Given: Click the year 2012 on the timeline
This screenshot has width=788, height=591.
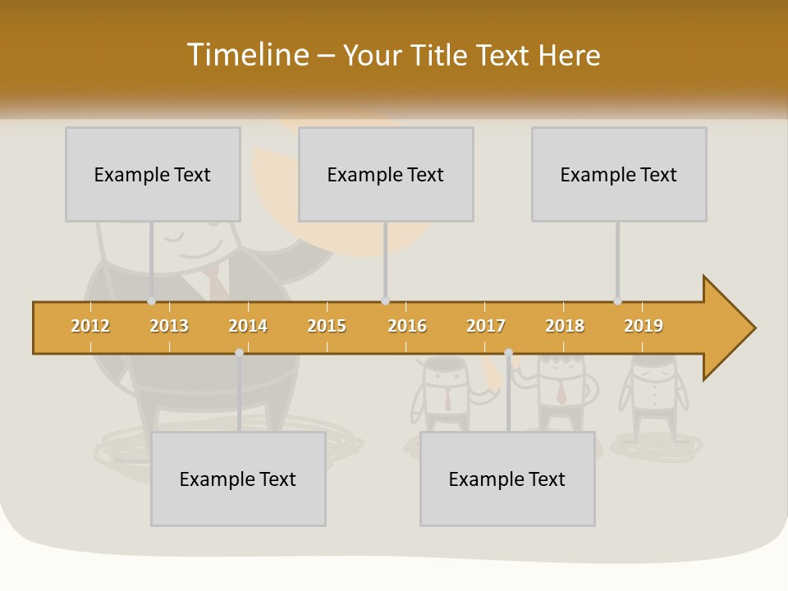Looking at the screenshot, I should [x=90, y=326].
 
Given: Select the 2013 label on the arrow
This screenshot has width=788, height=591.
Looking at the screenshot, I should [x=169, y=326].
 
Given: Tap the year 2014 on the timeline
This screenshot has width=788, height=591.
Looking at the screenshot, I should [x=248, y=326].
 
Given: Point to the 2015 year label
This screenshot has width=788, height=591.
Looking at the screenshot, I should [x=327, y=326].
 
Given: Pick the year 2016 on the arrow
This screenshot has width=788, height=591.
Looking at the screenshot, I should [x=407, y=326].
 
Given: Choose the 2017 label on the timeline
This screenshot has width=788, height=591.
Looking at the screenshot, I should [x=486, y=326].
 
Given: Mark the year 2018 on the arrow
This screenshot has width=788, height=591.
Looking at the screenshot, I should [x=565, y=326].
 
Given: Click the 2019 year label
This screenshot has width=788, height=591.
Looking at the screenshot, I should [x=644, y=326].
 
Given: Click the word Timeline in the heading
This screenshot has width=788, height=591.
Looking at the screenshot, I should [x=246, y=55].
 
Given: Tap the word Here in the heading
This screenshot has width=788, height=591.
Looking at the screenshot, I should [x=569, y=55].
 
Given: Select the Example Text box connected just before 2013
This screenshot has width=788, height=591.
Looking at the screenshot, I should [x=153, y=174].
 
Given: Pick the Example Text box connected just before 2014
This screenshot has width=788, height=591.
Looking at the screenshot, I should [x=238, y=479].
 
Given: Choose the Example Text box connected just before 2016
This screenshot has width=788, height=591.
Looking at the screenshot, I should [x=386, y=174].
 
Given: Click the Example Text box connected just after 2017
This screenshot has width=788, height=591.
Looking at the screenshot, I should [x=507, y=479].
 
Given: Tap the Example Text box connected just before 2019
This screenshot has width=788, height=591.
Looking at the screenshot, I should [x=619, y=174].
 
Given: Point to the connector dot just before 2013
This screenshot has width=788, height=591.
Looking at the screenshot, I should [x=151, y=301].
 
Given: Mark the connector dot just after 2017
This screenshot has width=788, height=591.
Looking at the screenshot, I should [x=508, y=353].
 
